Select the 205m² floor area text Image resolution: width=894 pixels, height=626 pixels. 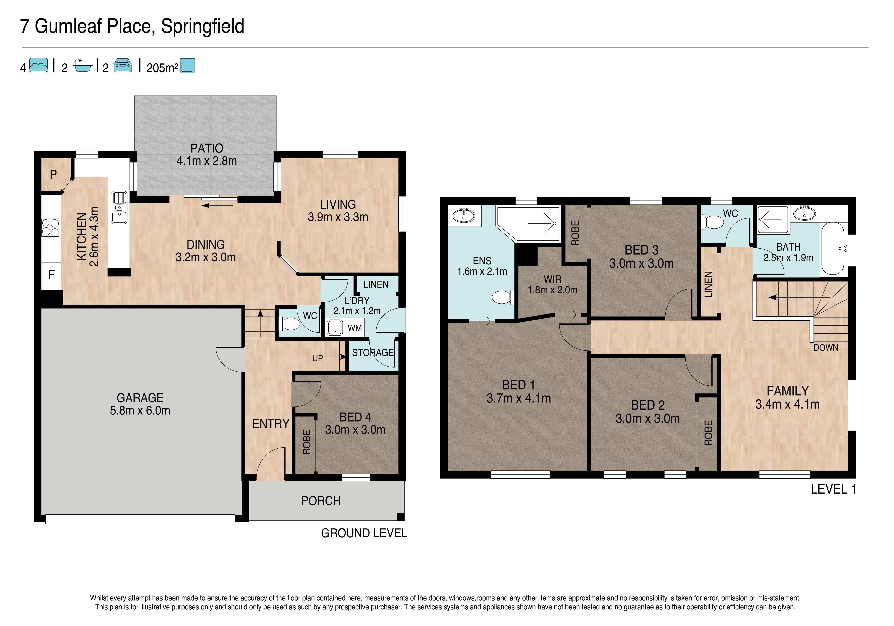pyautogui.click(x=162, y=68)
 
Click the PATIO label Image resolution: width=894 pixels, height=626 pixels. pyautogui.click(x=207, y=148)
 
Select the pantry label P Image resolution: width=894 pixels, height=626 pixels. pyautogui.click(x=53, y=174)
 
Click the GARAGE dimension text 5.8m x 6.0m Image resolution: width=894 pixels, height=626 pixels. pyautogui.click(x=140, y=410)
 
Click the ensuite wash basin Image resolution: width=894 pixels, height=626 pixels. pyautogui.click(x=464, y=215)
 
